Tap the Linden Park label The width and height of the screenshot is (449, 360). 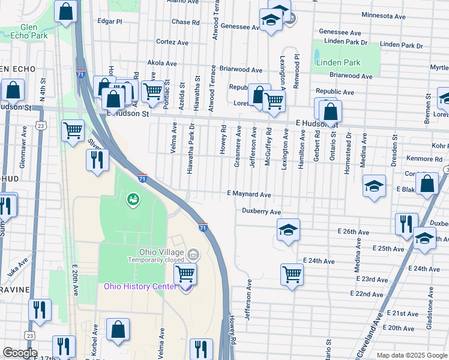338,63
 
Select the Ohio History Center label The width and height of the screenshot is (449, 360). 140,286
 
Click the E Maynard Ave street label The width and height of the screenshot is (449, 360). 249,194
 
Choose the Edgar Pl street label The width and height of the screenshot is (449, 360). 110,20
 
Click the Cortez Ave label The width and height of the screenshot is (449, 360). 169,42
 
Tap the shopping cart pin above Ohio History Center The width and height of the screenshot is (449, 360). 185,274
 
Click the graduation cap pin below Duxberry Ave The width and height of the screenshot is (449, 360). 288,230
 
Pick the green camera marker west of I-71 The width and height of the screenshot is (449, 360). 132,199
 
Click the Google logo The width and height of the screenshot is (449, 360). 20,353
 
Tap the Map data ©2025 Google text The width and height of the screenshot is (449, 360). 412,355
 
